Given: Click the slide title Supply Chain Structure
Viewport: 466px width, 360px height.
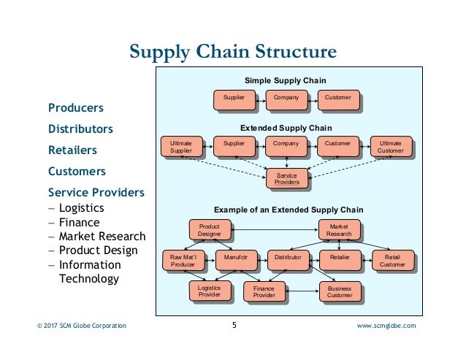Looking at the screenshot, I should tap(232, 53).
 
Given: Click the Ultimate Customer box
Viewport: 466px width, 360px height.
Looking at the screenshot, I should tap(390, 148).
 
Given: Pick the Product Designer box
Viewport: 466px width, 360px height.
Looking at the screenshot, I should tap(210, 230).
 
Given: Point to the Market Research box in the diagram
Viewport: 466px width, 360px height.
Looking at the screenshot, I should tap(340, 230).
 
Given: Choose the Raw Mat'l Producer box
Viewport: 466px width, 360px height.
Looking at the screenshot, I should tap(183, 261).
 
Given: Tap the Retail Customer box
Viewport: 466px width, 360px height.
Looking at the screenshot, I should tap(392, 261).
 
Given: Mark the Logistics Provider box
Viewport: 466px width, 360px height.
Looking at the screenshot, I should tap(210, 291).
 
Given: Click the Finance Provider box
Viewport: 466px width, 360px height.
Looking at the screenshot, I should tap(264, 292).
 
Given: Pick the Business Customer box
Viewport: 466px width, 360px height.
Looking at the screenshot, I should tap(340, 292).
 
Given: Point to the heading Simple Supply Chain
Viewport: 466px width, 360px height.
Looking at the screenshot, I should tap(284, 80).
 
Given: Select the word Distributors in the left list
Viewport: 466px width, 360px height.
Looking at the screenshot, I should tap(80, 129).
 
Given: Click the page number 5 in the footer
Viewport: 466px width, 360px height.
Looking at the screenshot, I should tap(234, 326).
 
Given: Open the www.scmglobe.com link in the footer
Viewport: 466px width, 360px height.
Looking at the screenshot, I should tap(386, 326).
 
